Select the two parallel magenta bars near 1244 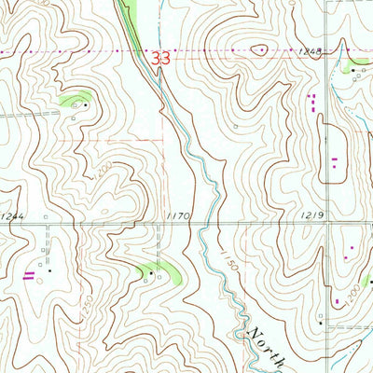tap(30, 273)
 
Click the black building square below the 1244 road tap(50, 271)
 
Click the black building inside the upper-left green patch tap(87, 105)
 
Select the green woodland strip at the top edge tap(130, 11)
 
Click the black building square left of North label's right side tap(320, 324)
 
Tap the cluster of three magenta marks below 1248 tap(313, 100)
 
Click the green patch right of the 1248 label tap(358, 66)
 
